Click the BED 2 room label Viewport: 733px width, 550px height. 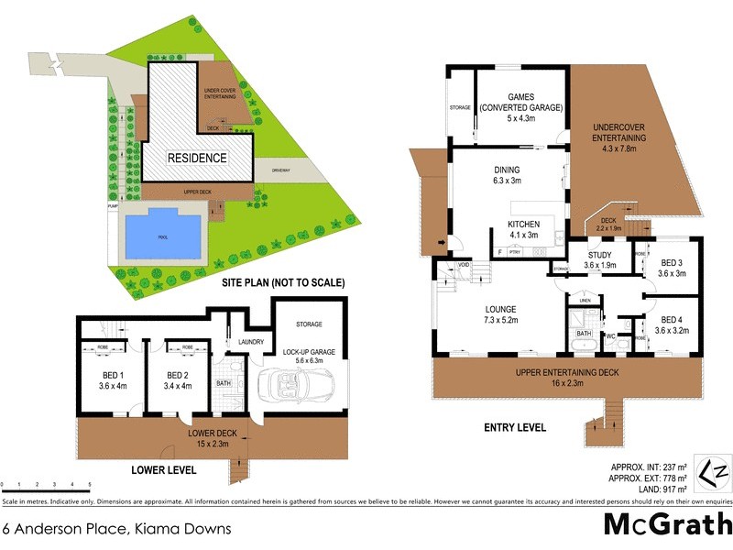[178, 380]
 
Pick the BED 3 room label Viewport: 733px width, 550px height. [672, 268]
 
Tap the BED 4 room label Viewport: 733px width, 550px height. [672, 324]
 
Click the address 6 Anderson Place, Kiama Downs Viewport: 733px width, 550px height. [115, 529]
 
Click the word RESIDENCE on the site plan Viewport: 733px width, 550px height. [196, 158]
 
